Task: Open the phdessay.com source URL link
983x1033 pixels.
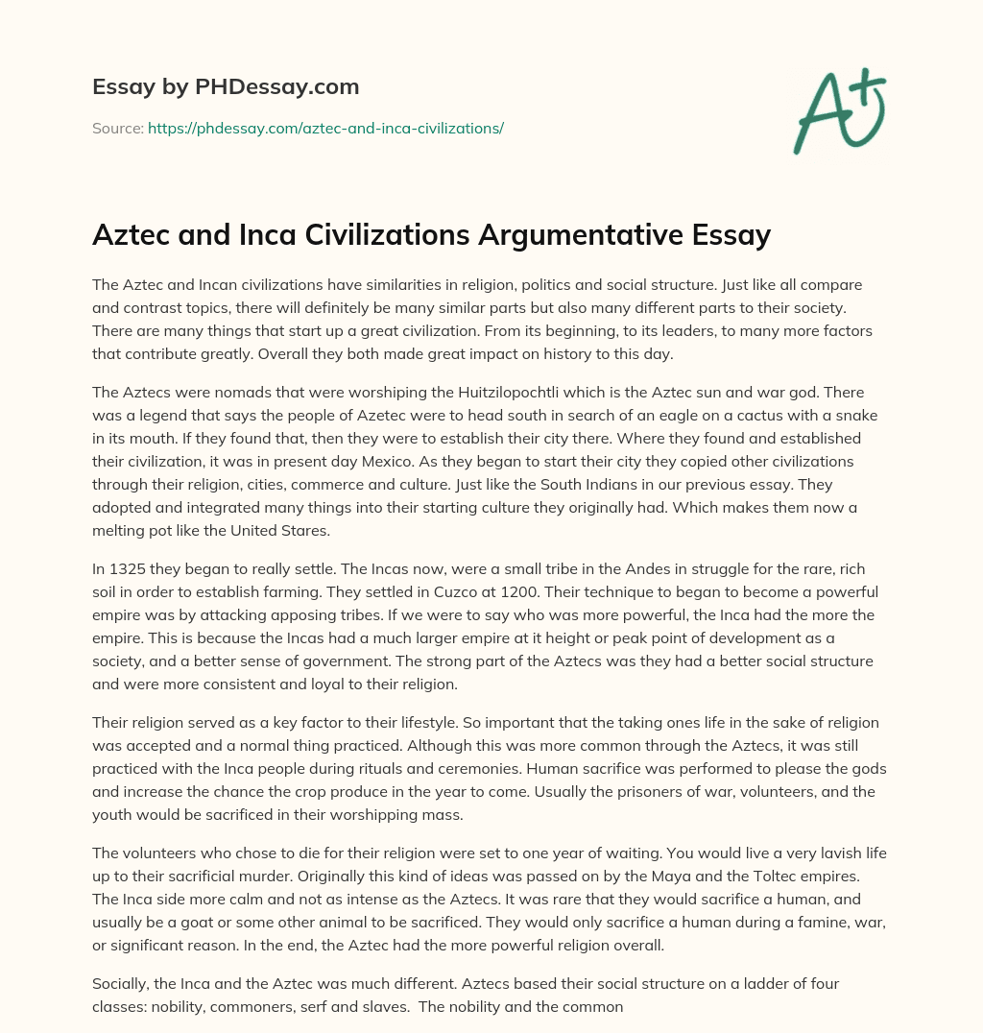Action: [325, 128]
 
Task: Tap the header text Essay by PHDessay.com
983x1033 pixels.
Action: [226, 86]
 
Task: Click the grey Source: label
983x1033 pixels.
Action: [117, 128]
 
